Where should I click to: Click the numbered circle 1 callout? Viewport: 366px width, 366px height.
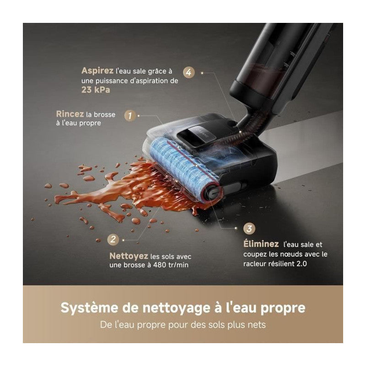pos(130,116)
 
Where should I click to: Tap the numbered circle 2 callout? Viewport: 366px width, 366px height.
pos(112,239)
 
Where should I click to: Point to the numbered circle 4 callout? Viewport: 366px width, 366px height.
pos(188,72)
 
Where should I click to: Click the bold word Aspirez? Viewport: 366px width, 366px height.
pos(97,71)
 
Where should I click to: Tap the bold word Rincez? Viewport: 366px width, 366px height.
pos(70,114)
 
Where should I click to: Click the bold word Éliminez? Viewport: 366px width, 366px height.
pos(262,244)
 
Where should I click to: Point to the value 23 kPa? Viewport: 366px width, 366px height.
pos(96,90)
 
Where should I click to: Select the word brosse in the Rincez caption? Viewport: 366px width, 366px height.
pos(104,114)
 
